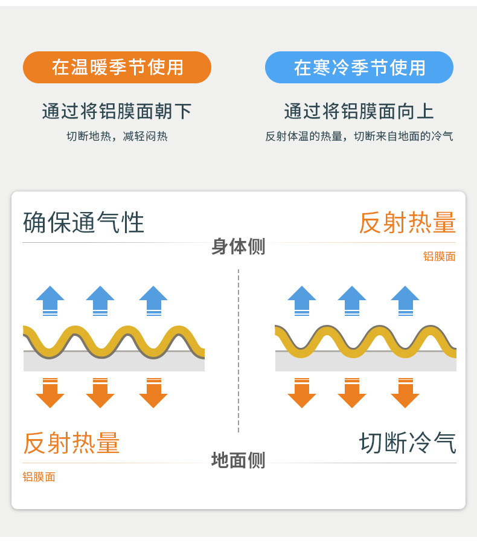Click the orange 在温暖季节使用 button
pyautogui.click(x=117, y=67)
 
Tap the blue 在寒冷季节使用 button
pyautogui.click(x=359, y=67)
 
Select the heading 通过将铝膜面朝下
pyautogui.click(x=117, y=111)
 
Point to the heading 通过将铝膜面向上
pyautogui.click(x=359, y=111)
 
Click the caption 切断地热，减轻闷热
pyautogui.click(x=117, y=136)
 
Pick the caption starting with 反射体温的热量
pyautogui.click(x=359, y=136)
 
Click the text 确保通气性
pyautogui.click(x=84, y=223)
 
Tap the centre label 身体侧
pyautogui.click(x=238, y=246)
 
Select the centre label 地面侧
pyautogui.click(x=238, y=460)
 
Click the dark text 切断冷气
pyautogui.click(x=408, y=443)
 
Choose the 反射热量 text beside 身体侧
pyautogui.click(x=408, y=223)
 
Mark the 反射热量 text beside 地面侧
pyautogui.click(x=71, y=443)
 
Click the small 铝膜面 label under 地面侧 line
pyautogui.click(x=39, y=477)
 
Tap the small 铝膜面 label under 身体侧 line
pyautogui.click(x=439, y=257)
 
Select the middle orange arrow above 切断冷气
pyautogui.click(x=352, y=393)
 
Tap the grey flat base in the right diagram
pyautogui.click(x=366, y=362)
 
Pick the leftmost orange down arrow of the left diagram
pyautogui.click(x=50, y=393)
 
